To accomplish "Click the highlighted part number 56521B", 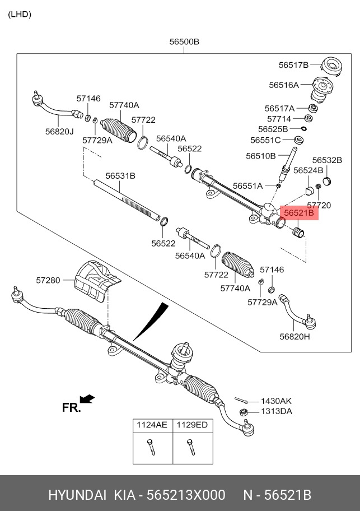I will click(x=299, y=213).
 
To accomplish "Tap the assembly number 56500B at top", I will click(x=185, y=42).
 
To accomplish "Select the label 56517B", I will click(x=293, y=65).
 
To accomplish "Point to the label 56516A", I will click(x=284, y=85).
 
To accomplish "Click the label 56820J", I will click(x=59, y=131).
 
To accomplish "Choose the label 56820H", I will click(x=295, y=336).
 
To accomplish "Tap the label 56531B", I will click(x=121, y=176).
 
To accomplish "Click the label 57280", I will click(x=48, y=280).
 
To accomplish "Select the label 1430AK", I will click(x=277, y=401).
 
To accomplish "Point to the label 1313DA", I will click(x=277, y=411).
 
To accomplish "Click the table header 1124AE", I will click(x=152, y=425).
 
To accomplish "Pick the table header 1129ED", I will click(x=192, y=425).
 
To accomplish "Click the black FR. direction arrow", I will click(x=87, y=399).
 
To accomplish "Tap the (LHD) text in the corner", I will click(x=19, y=15).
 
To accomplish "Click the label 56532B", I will click(x=327, y=160).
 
